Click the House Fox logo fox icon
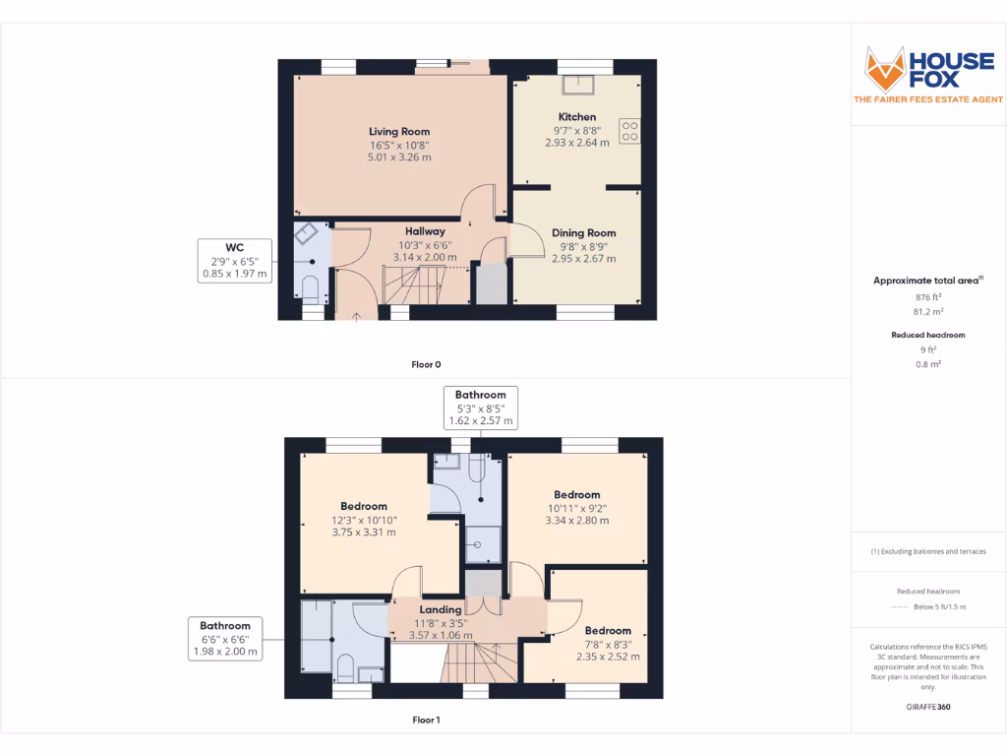click(x=884, y=69)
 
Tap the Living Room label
click(x=399, y=131)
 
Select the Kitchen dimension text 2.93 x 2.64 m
click(x=577, y=143)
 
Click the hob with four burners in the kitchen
click(x=629, y=131)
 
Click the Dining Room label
click(x=584, y=233)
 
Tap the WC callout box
click(x=235, y=261)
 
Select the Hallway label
click(x=425, y=231)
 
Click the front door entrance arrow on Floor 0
click(x=356, y=316)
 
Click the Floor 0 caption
click(x=426, y=364)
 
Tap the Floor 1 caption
click(x=426, y=720)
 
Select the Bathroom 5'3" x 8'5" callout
click(x=480, y=408)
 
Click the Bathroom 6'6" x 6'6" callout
click(x=225, y=638)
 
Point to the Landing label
click(x=440, y=609)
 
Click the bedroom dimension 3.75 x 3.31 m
click(x=364, y=533)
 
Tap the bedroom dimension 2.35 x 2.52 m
click(x=608, y=657)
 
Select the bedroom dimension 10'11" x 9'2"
click(x=576, y=508)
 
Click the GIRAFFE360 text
click(x=928, y=707)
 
